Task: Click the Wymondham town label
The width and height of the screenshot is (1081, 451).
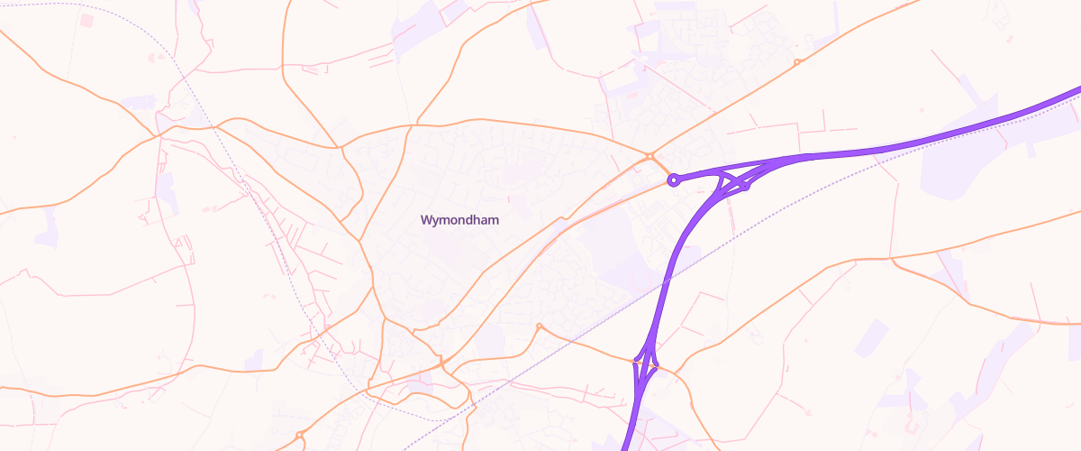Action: (459, 219)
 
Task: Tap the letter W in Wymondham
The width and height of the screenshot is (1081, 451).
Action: (426, 219)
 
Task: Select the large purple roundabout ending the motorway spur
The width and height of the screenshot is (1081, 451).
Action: (673, 180)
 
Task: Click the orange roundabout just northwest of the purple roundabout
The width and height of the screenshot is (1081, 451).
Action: (650, 157)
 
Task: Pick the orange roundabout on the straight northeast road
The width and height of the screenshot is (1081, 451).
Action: (797, 62)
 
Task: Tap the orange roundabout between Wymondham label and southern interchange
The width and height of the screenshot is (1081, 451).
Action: (539, 326)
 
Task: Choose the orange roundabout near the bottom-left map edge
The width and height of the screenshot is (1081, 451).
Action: (299, 437)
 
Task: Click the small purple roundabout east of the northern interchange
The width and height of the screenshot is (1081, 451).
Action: (746, 186)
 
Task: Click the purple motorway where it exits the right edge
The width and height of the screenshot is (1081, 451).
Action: (1078, 90)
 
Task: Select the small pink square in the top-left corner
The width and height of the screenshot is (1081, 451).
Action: (86, 20)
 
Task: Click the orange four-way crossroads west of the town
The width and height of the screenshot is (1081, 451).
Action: (159, 135)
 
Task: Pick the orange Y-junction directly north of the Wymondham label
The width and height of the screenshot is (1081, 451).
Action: (417, 124)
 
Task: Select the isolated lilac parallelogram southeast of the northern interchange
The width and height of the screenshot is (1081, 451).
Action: (871, 336)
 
